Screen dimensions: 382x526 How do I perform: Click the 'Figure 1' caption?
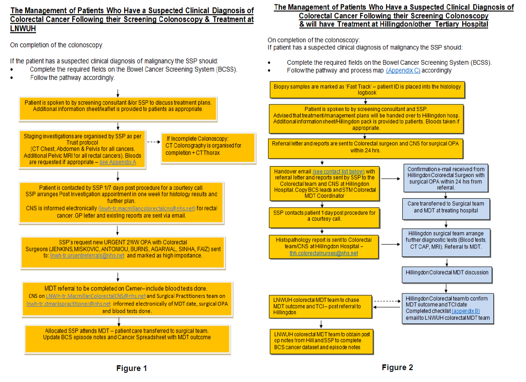131,368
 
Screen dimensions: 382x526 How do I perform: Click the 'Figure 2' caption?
397,367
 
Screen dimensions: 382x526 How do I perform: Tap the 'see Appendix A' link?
118,162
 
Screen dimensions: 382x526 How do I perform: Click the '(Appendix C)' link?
403,70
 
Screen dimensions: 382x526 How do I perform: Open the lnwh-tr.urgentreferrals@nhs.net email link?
87,256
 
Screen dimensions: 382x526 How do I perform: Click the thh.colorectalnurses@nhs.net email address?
324,253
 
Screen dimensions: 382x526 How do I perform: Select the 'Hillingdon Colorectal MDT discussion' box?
447,273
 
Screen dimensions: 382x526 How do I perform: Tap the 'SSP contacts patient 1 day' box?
324,216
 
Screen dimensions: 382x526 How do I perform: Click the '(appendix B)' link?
466,311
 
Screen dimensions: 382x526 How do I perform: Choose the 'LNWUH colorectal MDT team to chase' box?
320,306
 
